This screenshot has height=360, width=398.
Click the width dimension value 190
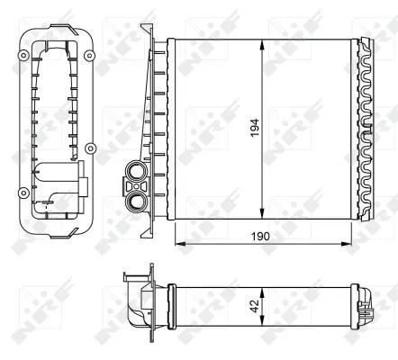[x=262, y=235]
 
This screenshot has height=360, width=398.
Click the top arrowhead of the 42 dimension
[x=262, y=289]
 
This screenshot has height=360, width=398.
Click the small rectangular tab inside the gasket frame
[x=82, y=186]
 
